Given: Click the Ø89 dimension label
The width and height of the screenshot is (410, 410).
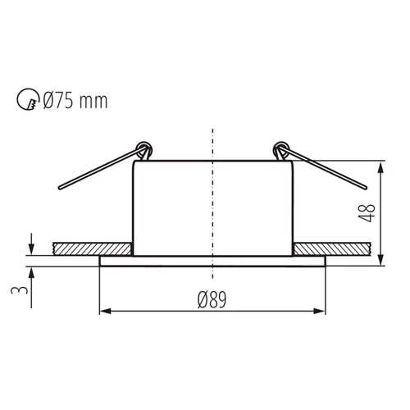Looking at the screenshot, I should pos(212,298).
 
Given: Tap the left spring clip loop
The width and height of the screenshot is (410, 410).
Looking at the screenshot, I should pos(145,151).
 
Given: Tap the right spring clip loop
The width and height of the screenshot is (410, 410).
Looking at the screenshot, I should pos(281,151).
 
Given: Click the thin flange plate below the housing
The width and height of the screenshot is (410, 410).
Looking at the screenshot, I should pos(213,261).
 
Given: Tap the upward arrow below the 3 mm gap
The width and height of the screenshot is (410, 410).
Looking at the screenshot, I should pos(30,271).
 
